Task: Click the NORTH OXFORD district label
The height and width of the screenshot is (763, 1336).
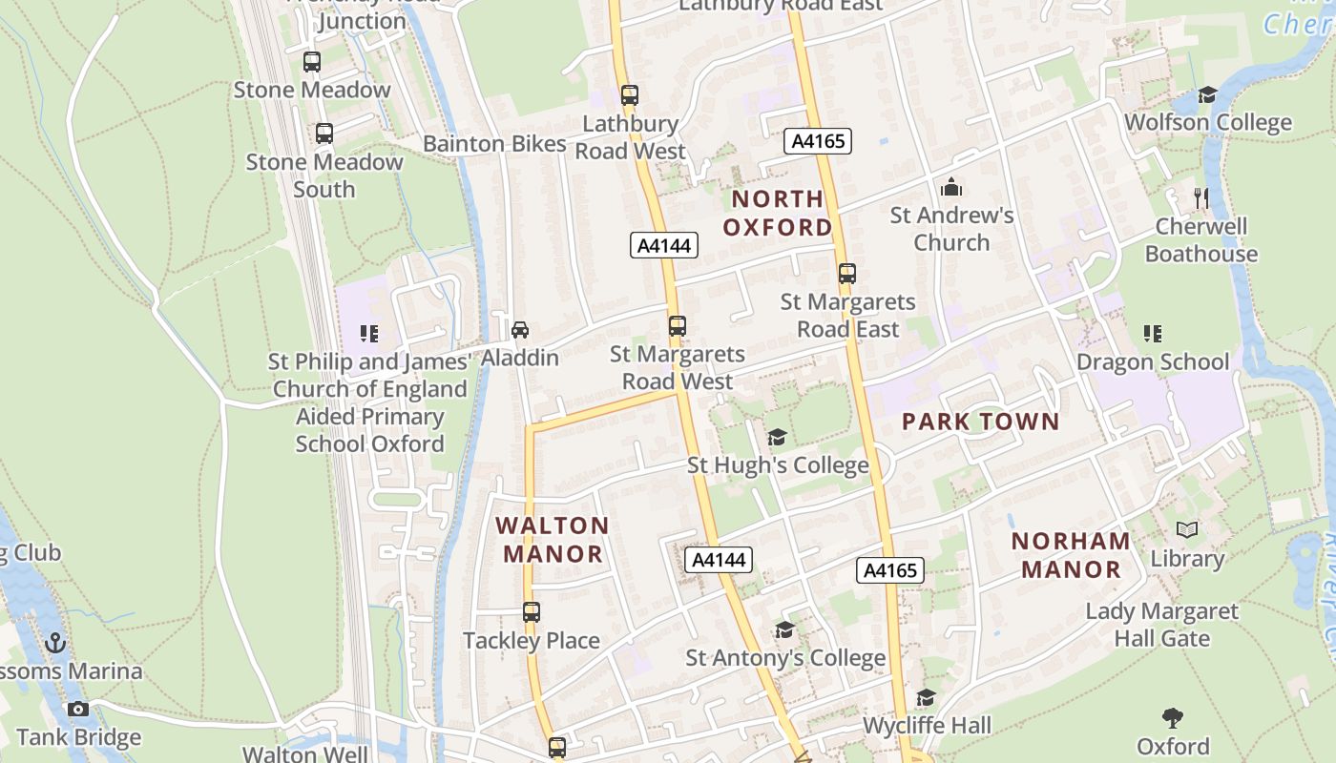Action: coord(778,213)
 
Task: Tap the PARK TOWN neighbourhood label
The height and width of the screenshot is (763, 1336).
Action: coord(980,422)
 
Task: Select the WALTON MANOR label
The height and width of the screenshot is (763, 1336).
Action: coord(553,540)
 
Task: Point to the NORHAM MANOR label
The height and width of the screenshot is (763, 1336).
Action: coord(1071,555)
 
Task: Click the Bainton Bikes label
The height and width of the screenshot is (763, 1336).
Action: coord(494,144)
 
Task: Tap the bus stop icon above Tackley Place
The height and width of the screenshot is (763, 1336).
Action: coord(532,612)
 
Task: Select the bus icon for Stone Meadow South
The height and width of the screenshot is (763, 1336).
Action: coord(324,134)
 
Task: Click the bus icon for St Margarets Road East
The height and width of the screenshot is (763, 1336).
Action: coord(846,274)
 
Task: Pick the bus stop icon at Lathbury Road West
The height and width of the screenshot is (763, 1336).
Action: coord(629,95)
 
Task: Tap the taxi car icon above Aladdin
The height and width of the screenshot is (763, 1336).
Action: coord(519,330)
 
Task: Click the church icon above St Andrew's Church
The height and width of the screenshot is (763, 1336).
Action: coord(950,187)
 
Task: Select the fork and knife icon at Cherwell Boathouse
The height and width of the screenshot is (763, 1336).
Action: coord(1200,198)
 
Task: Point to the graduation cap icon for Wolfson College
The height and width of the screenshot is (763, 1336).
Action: coord(1207,94)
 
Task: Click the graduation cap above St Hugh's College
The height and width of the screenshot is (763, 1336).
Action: coord(777,437)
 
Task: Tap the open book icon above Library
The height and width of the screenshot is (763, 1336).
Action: coord(1187,530)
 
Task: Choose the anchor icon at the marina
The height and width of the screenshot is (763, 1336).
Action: coord(55,643)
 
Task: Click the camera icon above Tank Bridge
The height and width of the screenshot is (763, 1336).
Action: coord(78,709)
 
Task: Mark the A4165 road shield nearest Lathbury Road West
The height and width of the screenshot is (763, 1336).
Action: coord(817,141)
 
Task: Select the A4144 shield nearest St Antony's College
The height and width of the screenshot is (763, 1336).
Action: coord(718,560)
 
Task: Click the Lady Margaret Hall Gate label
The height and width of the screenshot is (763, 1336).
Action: coord(1161,625)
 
